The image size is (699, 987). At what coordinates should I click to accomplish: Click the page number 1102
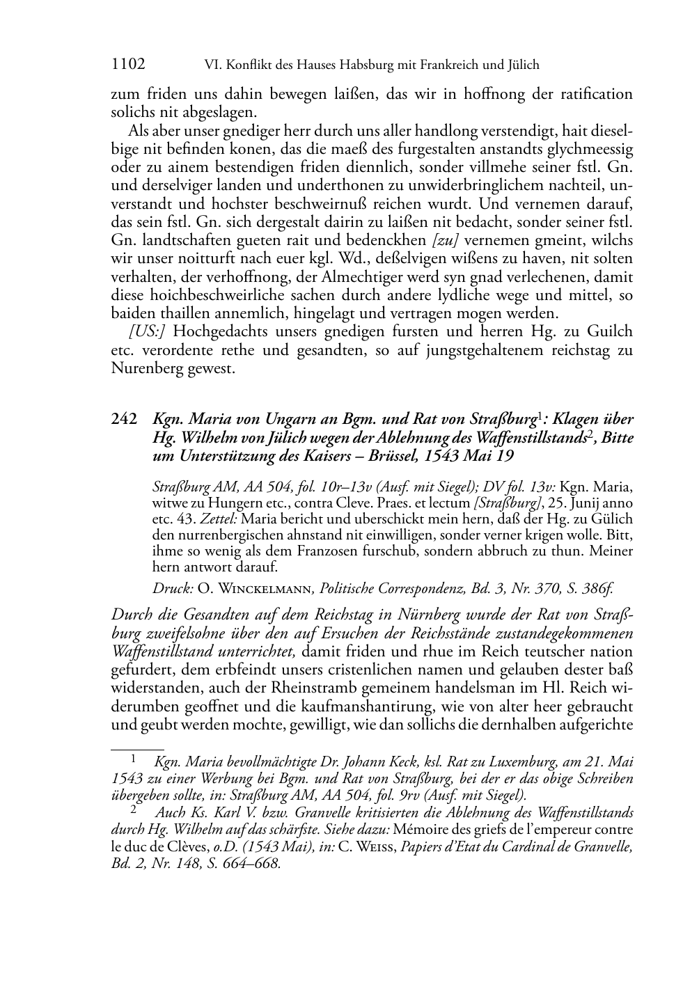(128, 65)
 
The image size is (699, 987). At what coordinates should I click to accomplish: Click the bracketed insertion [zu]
(446, 241)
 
